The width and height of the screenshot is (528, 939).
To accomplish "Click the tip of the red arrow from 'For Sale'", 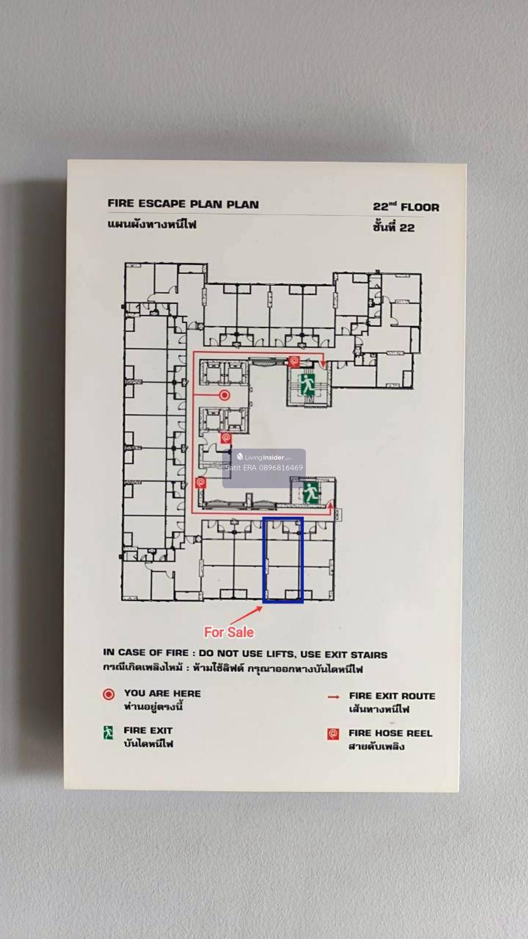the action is (262, 607).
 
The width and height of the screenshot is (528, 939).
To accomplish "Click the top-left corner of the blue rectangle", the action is (263, 518).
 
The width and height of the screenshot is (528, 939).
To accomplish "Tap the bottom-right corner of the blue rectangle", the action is (303, 603).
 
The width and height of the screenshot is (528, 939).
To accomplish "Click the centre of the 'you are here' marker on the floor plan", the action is (225, 395).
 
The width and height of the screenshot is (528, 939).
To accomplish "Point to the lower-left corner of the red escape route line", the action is (192, 513).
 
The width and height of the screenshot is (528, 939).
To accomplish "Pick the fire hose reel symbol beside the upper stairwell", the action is (294, 361).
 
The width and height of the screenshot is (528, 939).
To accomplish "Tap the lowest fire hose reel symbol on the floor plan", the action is (200, 483).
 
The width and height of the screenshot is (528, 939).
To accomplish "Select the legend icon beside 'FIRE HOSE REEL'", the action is (333, 734).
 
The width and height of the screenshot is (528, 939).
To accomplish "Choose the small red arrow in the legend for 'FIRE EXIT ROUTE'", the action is (334, 697).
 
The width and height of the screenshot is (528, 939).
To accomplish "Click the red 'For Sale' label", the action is (229, 632).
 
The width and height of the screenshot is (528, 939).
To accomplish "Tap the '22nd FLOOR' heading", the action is (406, 206).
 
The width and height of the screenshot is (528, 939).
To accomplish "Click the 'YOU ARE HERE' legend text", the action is (162, 693).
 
